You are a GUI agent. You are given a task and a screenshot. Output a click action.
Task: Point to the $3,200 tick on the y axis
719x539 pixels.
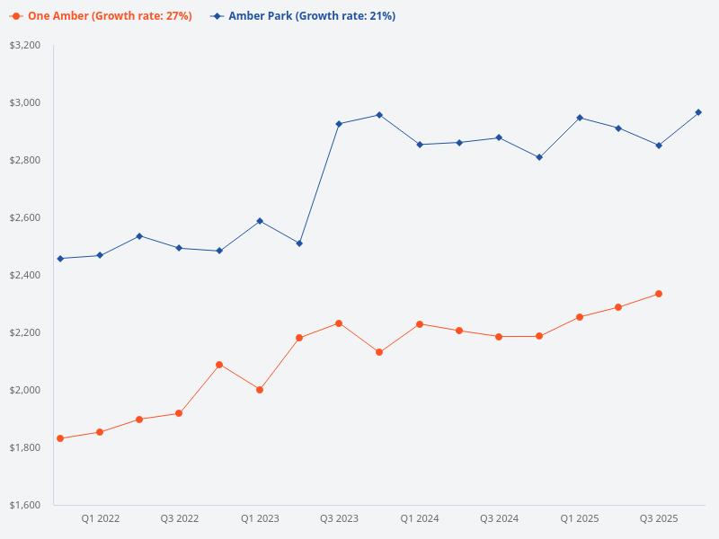point(25,45)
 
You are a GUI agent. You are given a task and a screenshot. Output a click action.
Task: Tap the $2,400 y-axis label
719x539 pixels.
point(25,275)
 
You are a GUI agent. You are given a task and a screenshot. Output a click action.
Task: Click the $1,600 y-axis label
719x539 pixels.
point(25,505)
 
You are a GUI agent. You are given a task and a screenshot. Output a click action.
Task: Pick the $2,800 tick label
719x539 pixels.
point(25,160)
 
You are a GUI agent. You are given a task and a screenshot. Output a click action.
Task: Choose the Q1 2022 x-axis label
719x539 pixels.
point(101,518)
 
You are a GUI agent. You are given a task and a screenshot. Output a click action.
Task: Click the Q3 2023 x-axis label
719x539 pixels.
point(340,518)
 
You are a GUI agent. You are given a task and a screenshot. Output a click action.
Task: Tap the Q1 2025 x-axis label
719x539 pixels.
point(580,518)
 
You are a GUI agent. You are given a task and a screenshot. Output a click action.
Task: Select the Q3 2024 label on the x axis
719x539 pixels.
point(499,518)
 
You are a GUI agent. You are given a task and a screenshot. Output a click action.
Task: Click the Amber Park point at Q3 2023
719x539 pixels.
point(339,124)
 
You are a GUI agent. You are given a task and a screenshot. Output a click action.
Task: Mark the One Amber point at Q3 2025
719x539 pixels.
point(659,294)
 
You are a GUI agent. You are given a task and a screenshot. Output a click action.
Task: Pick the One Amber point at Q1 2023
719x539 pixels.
point(260,390)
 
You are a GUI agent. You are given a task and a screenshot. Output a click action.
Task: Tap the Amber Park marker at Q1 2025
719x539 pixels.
point(580,118)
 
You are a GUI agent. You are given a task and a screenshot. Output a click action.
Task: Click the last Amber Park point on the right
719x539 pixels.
point(698,112)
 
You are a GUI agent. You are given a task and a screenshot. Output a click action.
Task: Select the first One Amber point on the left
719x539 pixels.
point(60,438)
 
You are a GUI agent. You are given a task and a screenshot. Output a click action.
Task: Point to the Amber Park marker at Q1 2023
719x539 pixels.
point(260,221)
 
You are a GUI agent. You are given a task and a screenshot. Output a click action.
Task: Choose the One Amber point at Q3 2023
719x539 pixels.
point(339,323)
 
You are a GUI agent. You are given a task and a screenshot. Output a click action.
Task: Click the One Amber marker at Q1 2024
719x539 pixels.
point(420,324)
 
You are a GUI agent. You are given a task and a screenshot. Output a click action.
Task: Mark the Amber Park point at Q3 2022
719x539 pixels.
point(179,248)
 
